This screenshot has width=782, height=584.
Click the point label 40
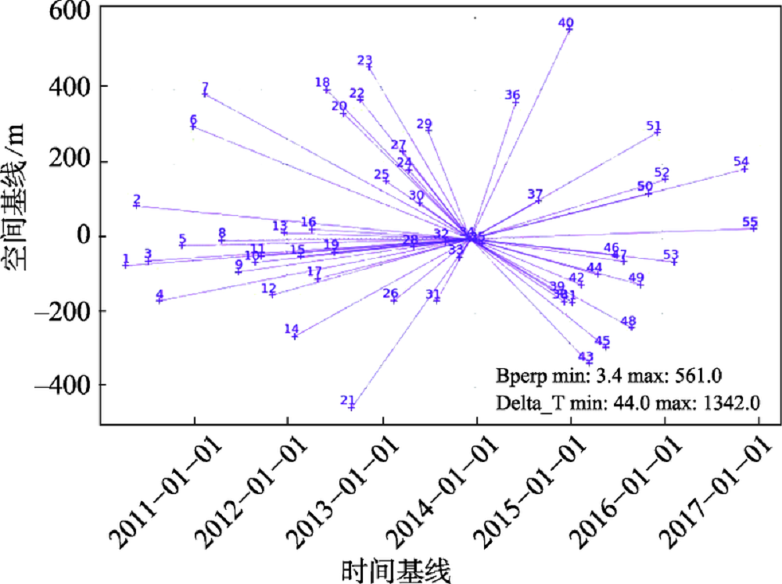[566, 23]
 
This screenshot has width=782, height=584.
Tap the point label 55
[750, 221]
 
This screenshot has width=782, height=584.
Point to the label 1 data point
[126, 265]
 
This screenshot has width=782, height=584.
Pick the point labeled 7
[206, 94]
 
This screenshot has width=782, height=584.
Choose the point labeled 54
[744, 168]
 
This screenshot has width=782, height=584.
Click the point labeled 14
[295, 336]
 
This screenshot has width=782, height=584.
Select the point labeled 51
[657, 132]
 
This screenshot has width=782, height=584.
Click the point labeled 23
[369, 67]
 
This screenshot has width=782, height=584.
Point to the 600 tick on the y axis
[62, 11]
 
